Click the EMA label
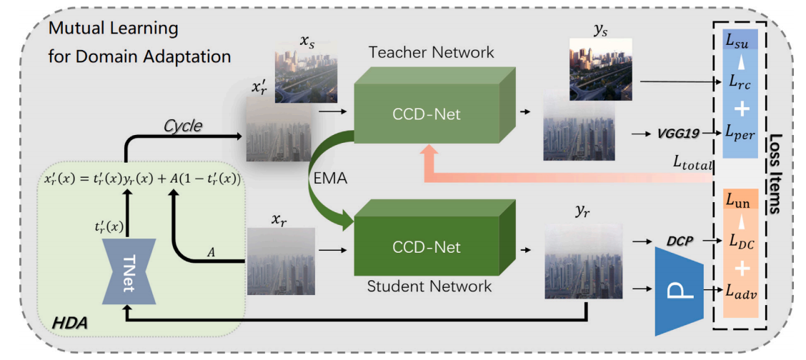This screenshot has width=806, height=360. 329,179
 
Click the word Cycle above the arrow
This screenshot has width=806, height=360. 183,126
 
